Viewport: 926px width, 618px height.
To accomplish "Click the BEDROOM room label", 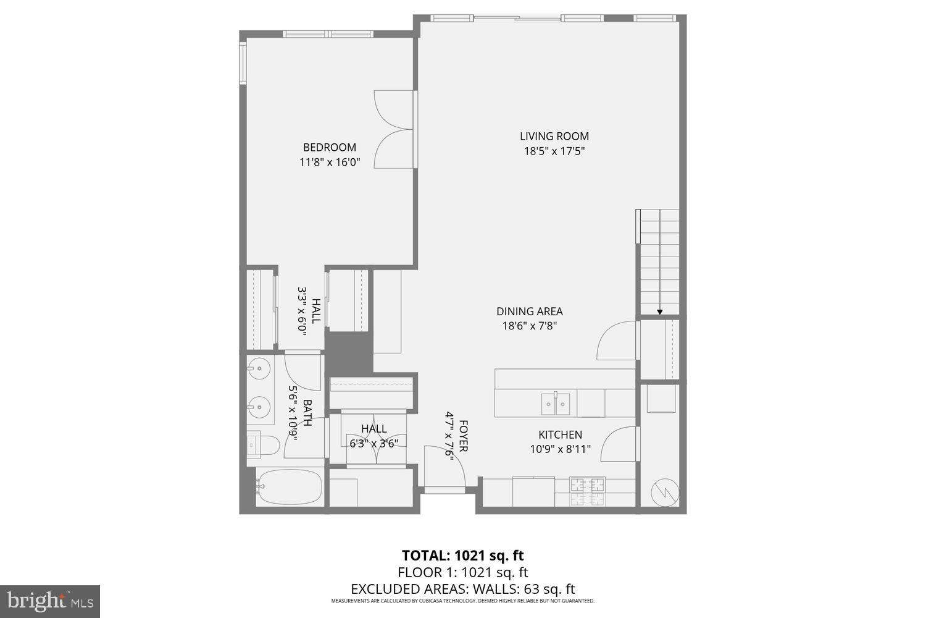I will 329,147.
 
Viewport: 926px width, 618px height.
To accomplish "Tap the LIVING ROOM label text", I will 554,136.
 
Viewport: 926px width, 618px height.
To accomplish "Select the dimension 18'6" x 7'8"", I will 529,326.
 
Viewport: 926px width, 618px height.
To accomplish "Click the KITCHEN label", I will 560,434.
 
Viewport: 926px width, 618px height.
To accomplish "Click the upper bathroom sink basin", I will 259,370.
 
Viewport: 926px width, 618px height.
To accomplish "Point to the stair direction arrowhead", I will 659,312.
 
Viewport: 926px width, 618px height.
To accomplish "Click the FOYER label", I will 462,436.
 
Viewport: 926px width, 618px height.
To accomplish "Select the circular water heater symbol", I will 664,492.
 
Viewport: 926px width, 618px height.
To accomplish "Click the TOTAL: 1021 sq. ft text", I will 462,555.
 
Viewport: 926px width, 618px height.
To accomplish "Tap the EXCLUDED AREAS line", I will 462,589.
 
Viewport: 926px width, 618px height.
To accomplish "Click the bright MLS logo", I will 49,601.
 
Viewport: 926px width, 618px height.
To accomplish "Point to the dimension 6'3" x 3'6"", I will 373,443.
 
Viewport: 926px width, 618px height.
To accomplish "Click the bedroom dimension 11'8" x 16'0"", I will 329,163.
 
